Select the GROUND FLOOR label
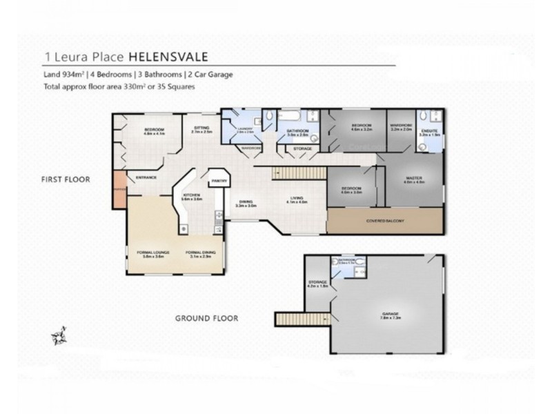(x=206, y=318)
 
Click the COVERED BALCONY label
(x=385, y=220)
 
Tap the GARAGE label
(x=391, y=314)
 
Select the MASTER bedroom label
(x=414, y=178)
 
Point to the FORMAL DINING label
(x=200, y=253)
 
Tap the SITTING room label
(x=201, y=128)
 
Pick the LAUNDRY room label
(x=246, y=128)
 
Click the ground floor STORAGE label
(x=317, y=283)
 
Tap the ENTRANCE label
(x=146, y=177)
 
